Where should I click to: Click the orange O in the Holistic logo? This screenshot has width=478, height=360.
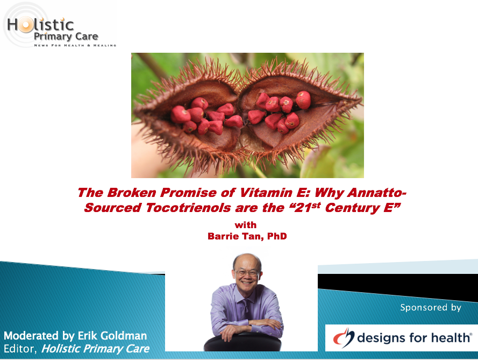tap(26, 25)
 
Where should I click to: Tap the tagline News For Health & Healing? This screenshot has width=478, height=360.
tap(75, 45)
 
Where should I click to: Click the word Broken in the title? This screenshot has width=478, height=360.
tap(132, 193)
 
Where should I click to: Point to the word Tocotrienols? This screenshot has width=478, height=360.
tap(188, 208)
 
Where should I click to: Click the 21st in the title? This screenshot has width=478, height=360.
tap(308, 207)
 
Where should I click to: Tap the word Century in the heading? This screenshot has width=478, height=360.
tap(352, 208)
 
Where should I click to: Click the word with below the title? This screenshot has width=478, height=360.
tap(246, 225)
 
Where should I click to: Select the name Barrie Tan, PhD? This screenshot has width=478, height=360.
tap(247, 236)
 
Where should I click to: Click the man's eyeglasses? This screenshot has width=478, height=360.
tap(246, 272)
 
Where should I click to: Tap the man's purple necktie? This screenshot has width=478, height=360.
tap(245, 308)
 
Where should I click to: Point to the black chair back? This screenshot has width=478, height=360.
tap(242, 343)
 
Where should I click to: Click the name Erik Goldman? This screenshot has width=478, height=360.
tap(112, 336)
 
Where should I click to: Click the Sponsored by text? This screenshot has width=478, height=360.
tap(431, 307)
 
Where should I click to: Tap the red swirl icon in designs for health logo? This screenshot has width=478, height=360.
tap(344, 337)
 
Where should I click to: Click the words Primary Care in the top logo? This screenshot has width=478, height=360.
tap(66, 37)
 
